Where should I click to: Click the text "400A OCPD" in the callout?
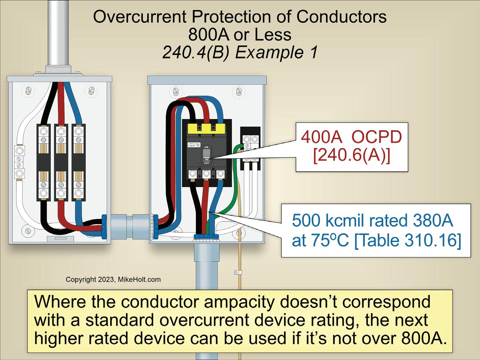351,137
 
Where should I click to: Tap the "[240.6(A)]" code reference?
351,155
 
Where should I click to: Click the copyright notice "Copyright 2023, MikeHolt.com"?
113,279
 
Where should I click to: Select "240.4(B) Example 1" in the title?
240,52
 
